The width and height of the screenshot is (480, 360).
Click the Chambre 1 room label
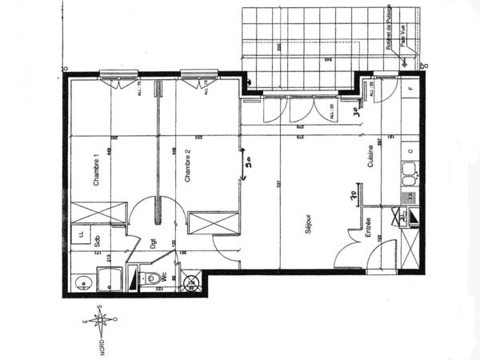(97, 170)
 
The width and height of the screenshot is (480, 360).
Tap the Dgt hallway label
(152, 245)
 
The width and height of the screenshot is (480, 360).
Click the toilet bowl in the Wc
(150, 278)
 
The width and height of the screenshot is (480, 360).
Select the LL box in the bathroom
(82, 234)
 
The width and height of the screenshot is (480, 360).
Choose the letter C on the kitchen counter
(410, 150)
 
